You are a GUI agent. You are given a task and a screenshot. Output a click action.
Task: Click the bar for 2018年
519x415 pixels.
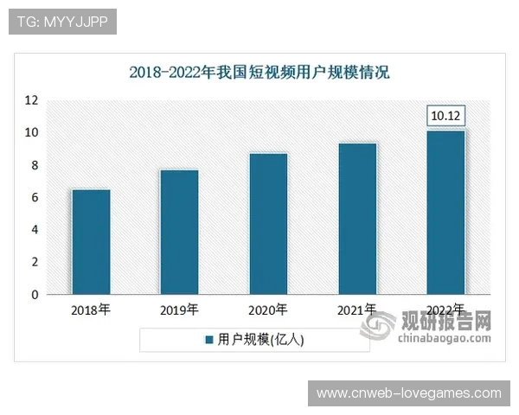pos(91,242)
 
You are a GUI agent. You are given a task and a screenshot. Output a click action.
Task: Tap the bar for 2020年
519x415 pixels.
pos(268,224)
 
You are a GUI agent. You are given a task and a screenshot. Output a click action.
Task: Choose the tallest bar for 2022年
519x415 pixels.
pos(446,213)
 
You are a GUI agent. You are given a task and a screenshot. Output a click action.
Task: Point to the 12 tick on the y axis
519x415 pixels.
pos(31,100)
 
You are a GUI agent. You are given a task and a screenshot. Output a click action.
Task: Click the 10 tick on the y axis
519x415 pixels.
pos(31,133)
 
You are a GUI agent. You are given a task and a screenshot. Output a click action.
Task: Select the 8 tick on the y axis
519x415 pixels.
pos(34,165)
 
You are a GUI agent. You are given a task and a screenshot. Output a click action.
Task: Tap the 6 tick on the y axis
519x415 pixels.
pos(34,198)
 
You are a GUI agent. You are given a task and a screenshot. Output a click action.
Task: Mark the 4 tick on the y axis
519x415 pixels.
pos(34,230)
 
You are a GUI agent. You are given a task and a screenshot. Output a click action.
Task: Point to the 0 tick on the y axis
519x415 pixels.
pos(34,295)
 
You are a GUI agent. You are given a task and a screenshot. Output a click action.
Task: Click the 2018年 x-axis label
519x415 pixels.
pos(91,310)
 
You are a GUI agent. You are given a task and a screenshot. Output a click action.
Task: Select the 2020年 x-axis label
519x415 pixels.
pos(268,310)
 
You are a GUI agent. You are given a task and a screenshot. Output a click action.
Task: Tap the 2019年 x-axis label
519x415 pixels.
pos(179,310)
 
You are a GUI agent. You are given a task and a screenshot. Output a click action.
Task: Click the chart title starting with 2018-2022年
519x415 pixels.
pos(259,73)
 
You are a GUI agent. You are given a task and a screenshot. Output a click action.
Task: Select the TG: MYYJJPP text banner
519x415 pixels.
pos(61,22)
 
